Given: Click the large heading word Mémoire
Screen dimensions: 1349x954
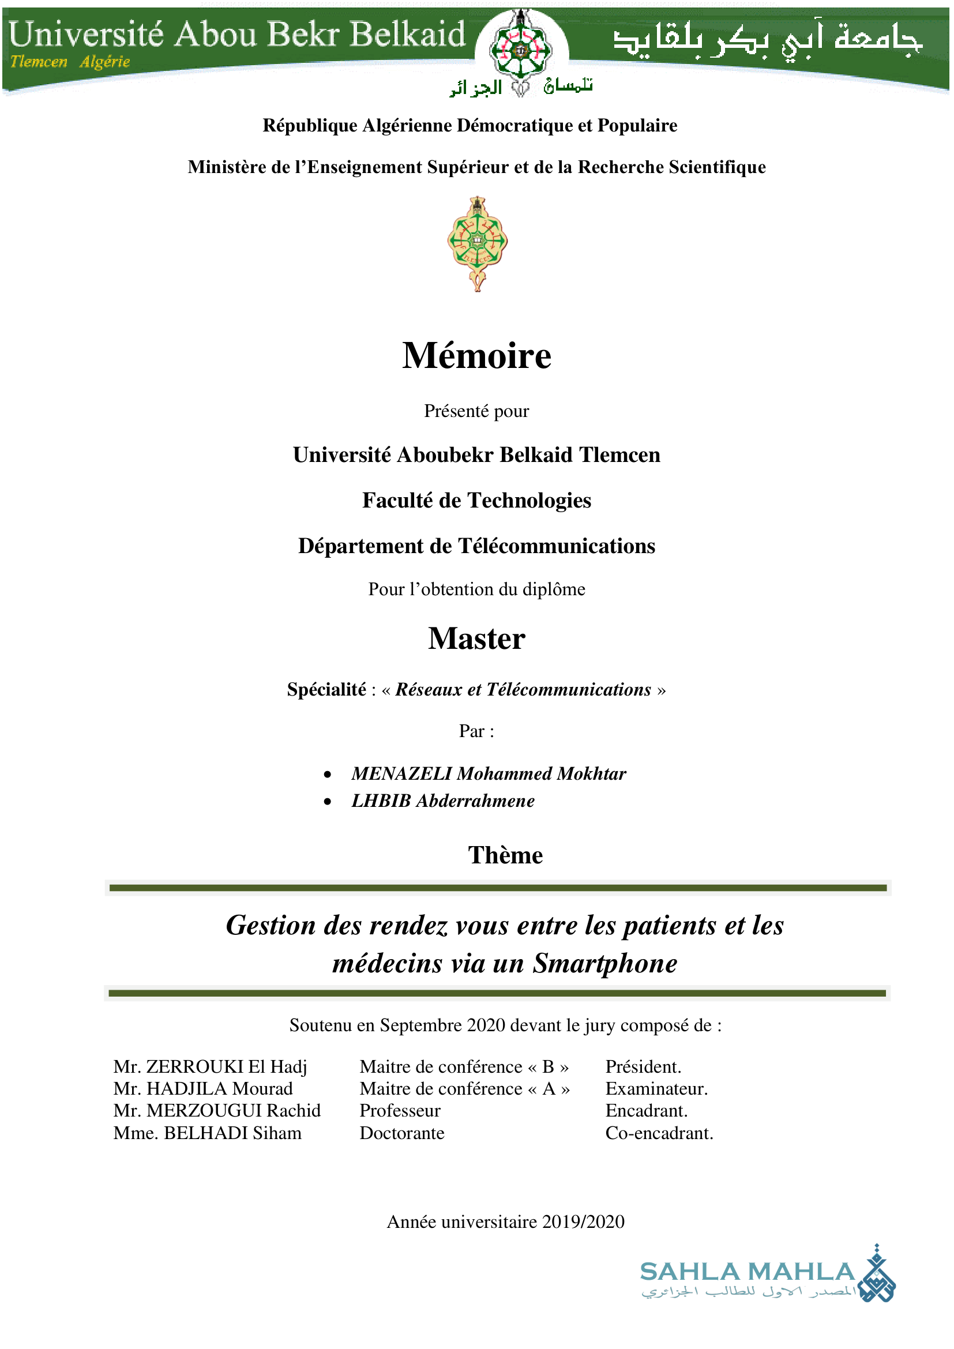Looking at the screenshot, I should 476,356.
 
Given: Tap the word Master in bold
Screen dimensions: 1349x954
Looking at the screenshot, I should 476,638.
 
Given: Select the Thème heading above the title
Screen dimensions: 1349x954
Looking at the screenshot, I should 505,855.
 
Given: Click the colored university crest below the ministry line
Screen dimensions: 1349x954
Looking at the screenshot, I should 478,243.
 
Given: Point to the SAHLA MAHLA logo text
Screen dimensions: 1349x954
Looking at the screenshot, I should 746,1272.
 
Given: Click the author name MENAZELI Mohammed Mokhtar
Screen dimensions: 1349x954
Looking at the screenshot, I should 489,774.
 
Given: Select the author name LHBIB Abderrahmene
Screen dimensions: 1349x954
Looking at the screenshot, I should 443,801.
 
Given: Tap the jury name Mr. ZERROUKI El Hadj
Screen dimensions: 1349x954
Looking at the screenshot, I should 211,1066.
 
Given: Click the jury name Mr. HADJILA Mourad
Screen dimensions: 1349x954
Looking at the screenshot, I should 202,1089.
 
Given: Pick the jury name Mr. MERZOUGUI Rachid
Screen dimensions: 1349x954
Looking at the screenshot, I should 217,1110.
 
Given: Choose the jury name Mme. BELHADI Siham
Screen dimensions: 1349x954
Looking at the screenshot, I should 208,1133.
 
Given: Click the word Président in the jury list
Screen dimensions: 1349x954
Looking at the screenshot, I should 643,1066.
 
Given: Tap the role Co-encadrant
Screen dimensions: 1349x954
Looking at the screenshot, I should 659,1133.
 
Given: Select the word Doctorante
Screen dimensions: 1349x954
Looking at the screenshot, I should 402,1133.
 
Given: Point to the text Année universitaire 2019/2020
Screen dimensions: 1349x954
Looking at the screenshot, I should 505,1222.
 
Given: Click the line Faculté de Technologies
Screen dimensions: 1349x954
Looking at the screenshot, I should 476,501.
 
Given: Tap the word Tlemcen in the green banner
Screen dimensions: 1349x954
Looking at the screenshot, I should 39,62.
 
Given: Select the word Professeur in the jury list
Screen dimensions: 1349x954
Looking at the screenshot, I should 400,1110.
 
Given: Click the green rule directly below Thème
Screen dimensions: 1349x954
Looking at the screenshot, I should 498,888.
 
